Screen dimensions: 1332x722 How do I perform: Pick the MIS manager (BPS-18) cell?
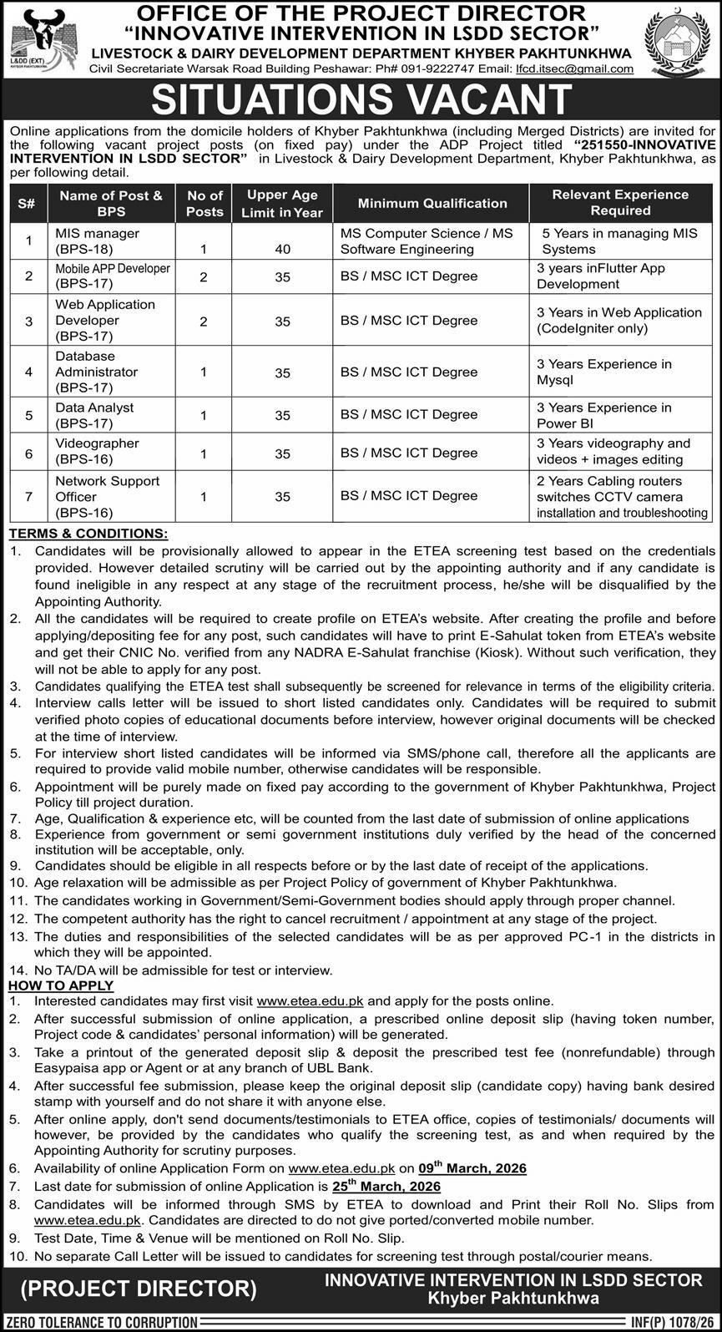point(97,241)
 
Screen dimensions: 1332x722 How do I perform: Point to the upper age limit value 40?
point(282,249)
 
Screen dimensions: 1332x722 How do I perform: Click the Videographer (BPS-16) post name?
point(97,452)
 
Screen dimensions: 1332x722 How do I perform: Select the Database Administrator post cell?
point(97,372)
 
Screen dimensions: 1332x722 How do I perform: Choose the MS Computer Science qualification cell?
point(427,241)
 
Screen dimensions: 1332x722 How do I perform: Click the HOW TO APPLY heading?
point(61,985)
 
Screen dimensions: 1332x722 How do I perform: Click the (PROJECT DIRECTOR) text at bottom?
point(139,1289)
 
